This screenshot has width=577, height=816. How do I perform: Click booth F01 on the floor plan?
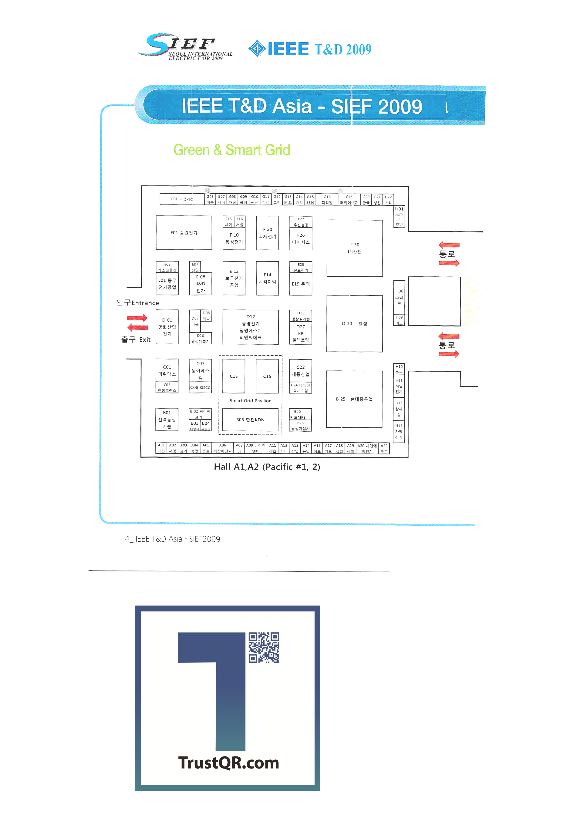(184, 233)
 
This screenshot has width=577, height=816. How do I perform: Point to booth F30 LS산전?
(354, 248)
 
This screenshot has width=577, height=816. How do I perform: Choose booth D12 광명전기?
(251, 327)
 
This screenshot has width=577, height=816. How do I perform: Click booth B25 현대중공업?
(354, 399)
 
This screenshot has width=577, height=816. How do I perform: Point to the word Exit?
(145, 340)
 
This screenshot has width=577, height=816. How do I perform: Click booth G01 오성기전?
(182, 199)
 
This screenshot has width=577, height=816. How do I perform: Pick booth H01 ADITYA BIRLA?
(399, 216)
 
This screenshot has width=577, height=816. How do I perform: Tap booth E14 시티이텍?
(267, 278)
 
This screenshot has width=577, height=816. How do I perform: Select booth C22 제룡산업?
(301, 371)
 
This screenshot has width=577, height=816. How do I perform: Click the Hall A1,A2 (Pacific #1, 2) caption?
(267, 467)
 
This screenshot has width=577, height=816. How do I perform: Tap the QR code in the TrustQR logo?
(264, 648)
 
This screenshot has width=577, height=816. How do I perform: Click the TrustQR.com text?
(228, 763)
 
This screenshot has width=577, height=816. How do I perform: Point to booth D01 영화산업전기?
(167, 327)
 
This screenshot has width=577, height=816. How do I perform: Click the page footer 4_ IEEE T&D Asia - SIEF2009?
(173, 539)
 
